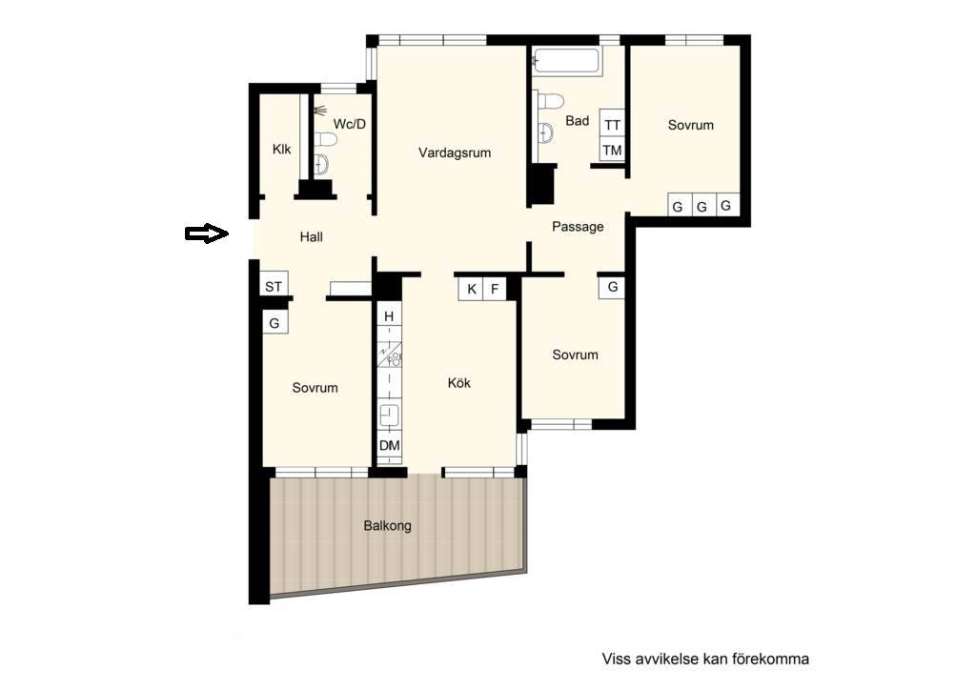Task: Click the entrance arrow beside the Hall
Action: (207, 233)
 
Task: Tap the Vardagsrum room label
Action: (455, 152)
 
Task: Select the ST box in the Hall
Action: (274, 286)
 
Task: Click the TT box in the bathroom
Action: (612, 125)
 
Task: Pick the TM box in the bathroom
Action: (612, 150)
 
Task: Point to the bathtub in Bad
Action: (566, 62)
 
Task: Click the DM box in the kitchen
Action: (390, 445)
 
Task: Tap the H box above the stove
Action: (389, 316)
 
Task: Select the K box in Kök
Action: (472, 289)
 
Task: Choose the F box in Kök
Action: (495, 289)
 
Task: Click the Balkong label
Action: (387, 526)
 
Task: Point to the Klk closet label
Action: (281, 150)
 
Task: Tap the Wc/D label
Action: (350, 124)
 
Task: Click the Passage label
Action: (578, 227)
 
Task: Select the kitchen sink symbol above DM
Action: (390, 415)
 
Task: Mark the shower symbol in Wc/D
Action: (320, 111)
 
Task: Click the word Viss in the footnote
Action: (615, 659)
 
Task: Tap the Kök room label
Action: (459, 382)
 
